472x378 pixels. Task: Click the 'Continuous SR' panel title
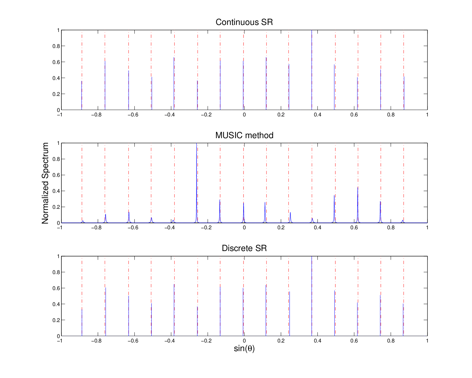pos(244,22)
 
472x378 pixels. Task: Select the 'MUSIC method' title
pos(244,135)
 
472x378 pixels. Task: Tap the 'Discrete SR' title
pos(244,248)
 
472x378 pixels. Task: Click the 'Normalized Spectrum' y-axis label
pos(45,183)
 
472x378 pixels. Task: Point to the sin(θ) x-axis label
pos(244,348)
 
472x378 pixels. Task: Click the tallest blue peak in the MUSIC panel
pos(197,183)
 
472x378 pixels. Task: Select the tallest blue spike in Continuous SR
pos(312,70)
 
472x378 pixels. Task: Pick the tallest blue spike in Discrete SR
pos(312,296)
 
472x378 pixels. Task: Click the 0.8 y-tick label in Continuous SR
pos(56,46)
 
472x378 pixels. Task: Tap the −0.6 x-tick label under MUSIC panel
pos(133,228)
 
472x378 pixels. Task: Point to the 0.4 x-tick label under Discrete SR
pos(317,341)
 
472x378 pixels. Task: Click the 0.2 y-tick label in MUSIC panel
pos(56,207)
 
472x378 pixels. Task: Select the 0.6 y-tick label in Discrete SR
pos(56,288)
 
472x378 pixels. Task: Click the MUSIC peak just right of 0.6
pos(358,205)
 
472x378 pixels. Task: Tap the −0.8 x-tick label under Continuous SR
pos(97,115)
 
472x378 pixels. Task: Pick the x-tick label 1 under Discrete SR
pos(427,341)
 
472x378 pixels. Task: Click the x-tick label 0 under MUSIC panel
pos(244,228)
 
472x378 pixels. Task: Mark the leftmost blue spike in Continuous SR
pos(82,95)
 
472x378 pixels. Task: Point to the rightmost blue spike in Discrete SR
pos(403,320)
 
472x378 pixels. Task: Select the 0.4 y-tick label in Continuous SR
pos(56,78)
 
